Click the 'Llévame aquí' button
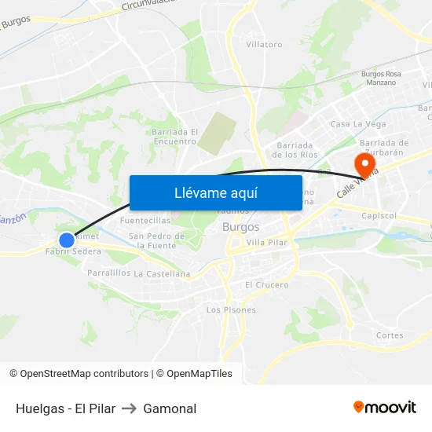coord(215,192)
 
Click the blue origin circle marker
coord(67,240)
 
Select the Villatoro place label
coord(264,45)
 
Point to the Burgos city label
coord(241,227)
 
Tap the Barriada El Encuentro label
coord(174,137)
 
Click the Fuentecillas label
coord(145,221)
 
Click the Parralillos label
coord(109,273)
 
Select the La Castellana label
coord(163,274)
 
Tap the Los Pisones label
coord(231,310)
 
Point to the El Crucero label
coord(267,284)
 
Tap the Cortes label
coord(390,335)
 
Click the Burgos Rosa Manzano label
coord(381,78)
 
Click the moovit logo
coord(384,407)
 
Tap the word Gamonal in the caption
coord(170,408)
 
